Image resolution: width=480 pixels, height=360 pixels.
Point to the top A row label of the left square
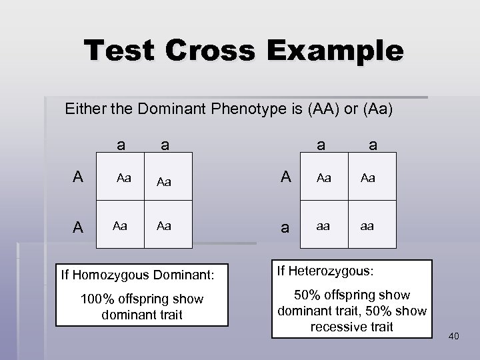(x=79, y=177)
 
